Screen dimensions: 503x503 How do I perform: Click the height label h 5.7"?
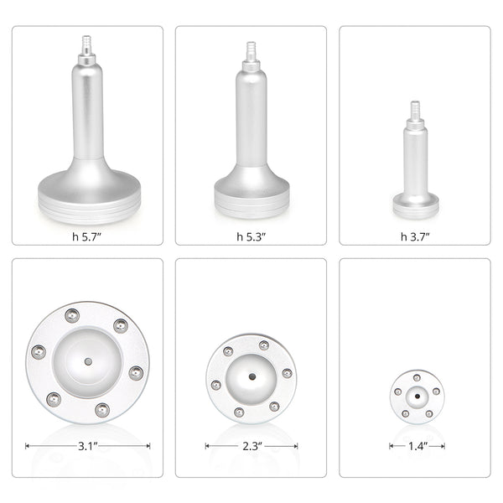tap(87, 236)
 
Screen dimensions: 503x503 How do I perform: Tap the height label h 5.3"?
tap(251, 236)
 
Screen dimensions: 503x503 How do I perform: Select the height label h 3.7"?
tap(415, 236)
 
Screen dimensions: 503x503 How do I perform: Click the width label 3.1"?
tap(87, 445)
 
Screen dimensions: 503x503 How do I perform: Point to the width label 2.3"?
tap(251, 445)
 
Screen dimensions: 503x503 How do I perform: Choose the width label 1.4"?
tap(416, 445)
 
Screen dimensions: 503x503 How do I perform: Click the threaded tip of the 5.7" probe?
tap(87, 43)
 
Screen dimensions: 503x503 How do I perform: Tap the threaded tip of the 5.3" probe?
tap(251, 49)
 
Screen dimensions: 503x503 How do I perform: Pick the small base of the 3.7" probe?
tap(415, 201)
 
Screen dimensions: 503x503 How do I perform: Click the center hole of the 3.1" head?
tap(87, 362)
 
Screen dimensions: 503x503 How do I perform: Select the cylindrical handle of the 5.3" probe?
tap(251, 117)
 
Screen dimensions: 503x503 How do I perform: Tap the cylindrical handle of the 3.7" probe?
tap(415, 159)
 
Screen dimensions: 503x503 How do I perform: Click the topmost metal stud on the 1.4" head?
tap(417, 377)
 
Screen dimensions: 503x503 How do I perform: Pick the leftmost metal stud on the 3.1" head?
tap(38, 352)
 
